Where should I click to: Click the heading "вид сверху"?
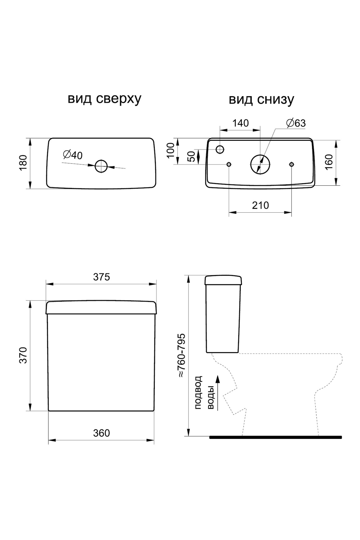pyautogui.click(x=104, y=99)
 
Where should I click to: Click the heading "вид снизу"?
pyautogui.click(x=261, y=99)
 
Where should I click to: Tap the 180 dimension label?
pyautogui.click(x=24, y=163)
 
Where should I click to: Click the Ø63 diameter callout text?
pyautogui.click(x=296, y=123)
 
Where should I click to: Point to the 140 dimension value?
pyautogui.click(x=240, y=123)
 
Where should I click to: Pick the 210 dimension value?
pyautogui.click(x=260, y=206)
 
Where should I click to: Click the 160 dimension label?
pyautogui.click(x=329, y=162)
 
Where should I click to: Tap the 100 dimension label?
pyautogui.click(x=171, y=150)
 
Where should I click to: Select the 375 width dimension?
pyautogui.click(x=102, y=277)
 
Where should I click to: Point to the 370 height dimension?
pyautogui.click(x=24, y=355)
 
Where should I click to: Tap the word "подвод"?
pyautogui.click(x=198, y=393)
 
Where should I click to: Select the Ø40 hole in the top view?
pyautogui.click(x=101, y=166)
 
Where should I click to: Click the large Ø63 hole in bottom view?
pyautogui.click(x=260, y=164)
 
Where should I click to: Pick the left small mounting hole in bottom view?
pyautogui.click(x=229, y=164)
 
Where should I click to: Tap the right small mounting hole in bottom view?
pyautogui.click(x=292, y=164)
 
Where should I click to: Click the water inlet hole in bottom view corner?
pyautogui.click(x=220, y=149)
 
